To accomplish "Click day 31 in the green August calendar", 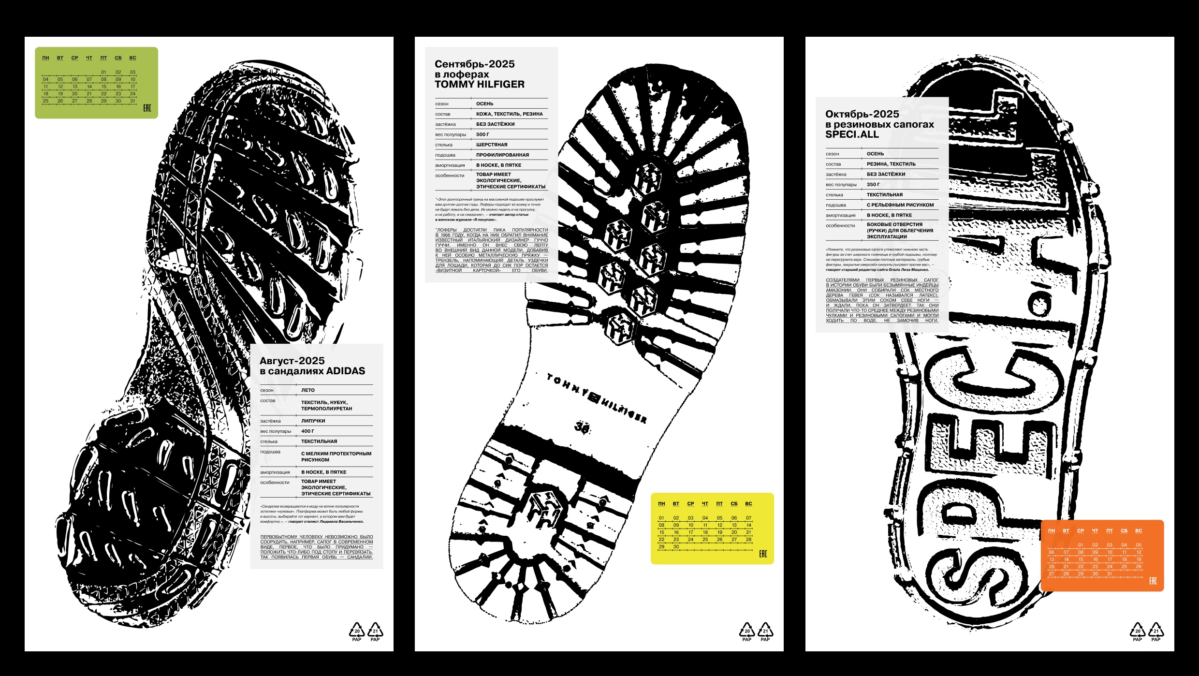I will [x=132, y=101].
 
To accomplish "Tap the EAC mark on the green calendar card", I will [x=147, y=108].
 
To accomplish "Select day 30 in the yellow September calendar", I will [x=676, y=547].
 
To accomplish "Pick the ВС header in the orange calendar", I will [x=1139, y=531].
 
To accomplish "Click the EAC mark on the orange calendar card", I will [x=1153, y=581].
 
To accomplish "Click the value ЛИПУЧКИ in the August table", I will [x=313, y=421].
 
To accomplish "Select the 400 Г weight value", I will [x=307, y=431].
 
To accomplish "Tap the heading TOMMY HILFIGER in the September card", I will [x=479, y=85].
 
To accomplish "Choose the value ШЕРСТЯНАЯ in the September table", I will [x=492, y=145].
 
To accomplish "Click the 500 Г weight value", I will [x=482, y=134].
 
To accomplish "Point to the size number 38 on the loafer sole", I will [x=582, y=427].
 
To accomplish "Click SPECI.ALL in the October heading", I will [x=852, y=135].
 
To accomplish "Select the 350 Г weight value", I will [x=873, y=185].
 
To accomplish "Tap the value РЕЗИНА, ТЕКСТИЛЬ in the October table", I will [x=891, y=164].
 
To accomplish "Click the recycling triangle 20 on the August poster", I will [x=357, y=631].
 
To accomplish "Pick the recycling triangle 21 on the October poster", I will [x=1155, y=631].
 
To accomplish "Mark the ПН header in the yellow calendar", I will [x=661, y=504].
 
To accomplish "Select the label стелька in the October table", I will [x=834, y=195].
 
